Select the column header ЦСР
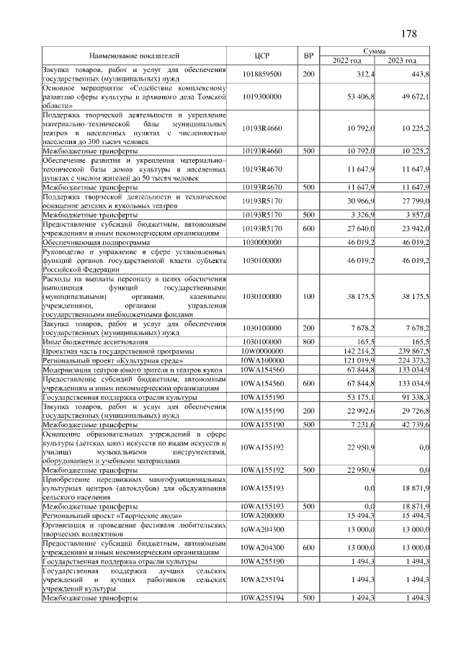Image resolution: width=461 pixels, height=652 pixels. coord(262,56)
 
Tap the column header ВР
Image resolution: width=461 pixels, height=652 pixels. coord(308,56)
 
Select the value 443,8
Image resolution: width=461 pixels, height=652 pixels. coord(418,74)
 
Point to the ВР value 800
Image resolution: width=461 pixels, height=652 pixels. coord(308,341)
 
